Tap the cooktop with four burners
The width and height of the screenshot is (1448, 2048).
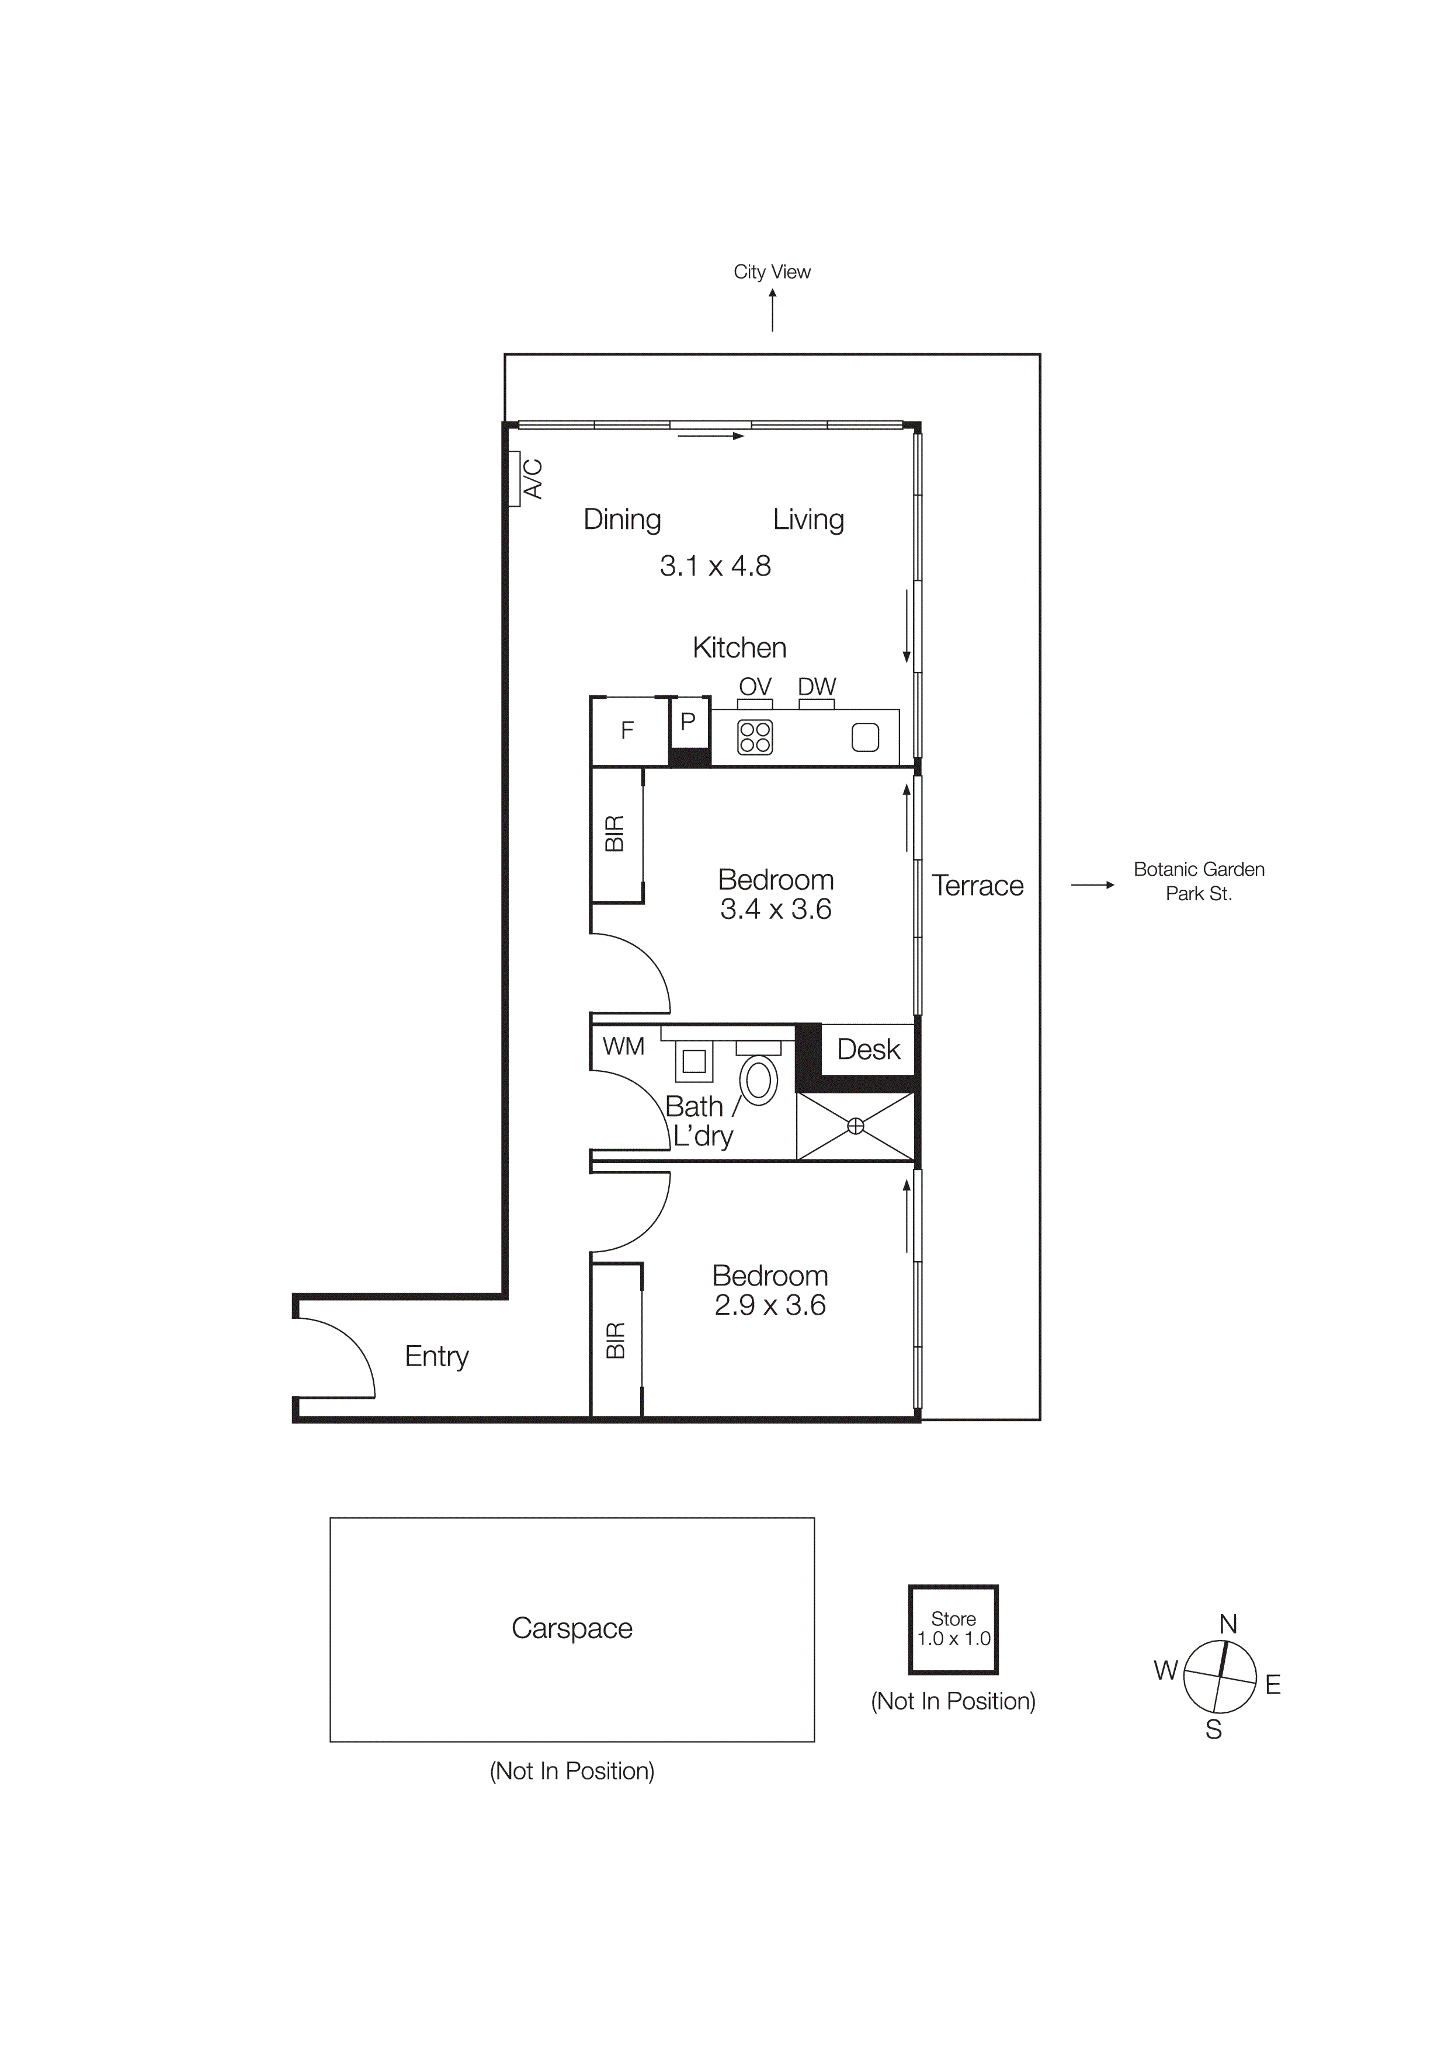(755, 737)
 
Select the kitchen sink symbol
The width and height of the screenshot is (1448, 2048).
(864, 737)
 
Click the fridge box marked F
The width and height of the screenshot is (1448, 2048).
(627, 730)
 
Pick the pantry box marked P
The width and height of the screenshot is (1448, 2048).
(688, 722)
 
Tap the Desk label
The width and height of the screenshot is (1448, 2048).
(868, 1049)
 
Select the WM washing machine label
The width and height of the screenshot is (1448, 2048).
(623, 1046)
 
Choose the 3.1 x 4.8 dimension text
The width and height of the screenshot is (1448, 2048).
(714, 566)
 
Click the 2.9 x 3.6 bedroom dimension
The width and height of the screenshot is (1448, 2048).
(769, 1305)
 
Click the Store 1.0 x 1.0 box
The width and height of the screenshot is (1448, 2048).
(953, 1629)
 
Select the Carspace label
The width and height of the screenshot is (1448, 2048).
(572, 1628)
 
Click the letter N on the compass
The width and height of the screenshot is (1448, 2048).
(1228, 1624)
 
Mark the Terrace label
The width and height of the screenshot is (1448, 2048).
(977, 885)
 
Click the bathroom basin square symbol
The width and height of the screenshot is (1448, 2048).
(694, 1061)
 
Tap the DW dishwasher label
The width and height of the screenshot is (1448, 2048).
(817, 686)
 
